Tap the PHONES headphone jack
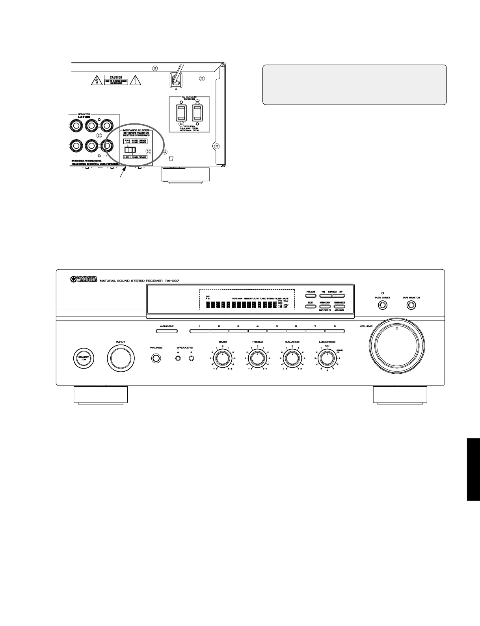(156, 358)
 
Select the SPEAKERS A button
(178, 358)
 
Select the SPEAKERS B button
(192, 358)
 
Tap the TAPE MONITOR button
(411, 305)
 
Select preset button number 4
(258, 331)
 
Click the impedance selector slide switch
(130, 150)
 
